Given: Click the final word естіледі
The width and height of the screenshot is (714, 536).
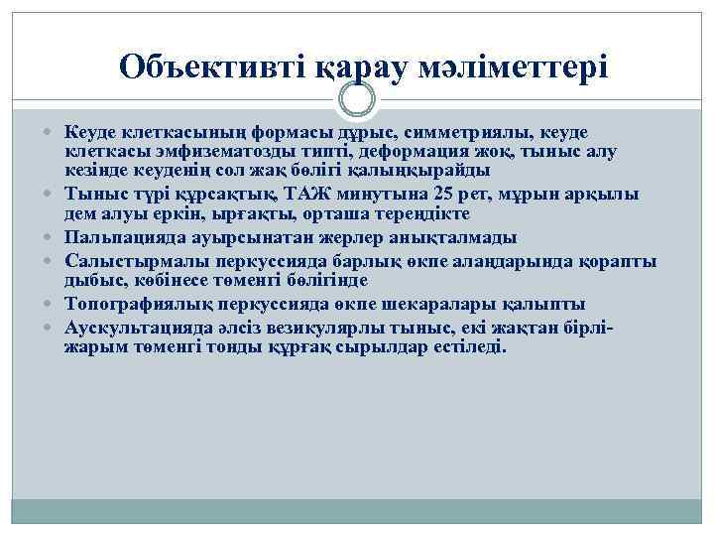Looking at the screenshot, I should click(x=468, y=346).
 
